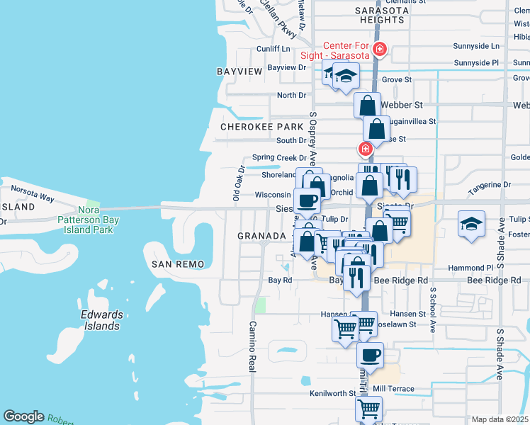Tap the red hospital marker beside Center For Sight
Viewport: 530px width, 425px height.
tap(380, 49)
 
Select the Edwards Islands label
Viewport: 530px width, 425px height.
tap(101, 320)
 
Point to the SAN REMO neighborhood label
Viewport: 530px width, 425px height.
tap(178, 264)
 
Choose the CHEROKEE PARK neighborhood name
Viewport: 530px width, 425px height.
tap(261, 127)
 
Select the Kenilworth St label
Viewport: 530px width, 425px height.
tap(332, 393)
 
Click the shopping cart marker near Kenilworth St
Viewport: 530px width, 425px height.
tap(368, 409)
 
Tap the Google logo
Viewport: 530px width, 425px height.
tap(23, 416)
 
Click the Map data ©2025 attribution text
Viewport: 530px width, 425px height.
tap(500, 419)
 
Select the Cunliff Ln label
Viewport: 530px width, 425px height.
tap(274, 49)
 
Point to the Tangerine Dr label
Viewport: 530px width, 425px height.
tap(489, 185)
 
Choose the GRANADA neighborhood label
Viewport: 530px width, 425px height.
tap(261, 235)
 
